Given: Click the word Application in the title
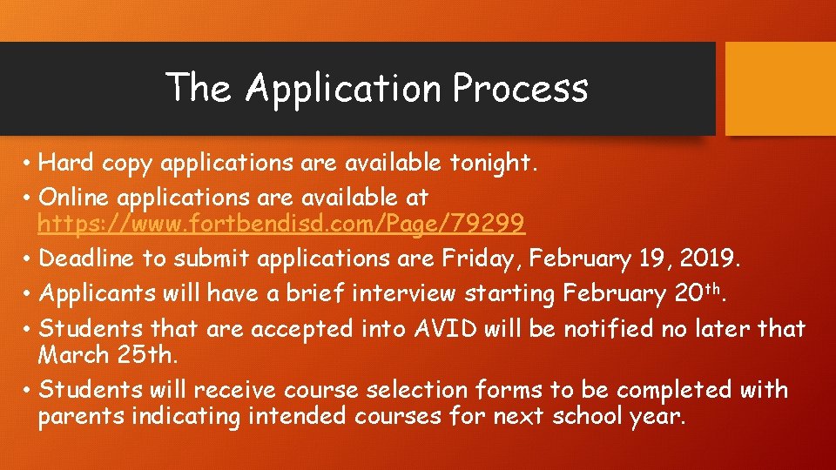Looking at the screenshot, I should (345, 89).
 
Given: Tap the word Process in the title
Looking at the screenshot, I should (521, 89).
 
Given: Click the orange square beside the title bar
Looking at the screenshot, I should (780, 89).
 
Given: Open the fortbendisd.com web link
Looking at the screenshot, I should (281, 225).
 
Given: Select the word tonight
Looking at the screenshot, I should (495, 163).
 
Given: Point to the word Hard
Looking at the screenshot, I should (68, 163).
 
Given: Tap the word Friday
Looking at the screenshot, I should (478, 258).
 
